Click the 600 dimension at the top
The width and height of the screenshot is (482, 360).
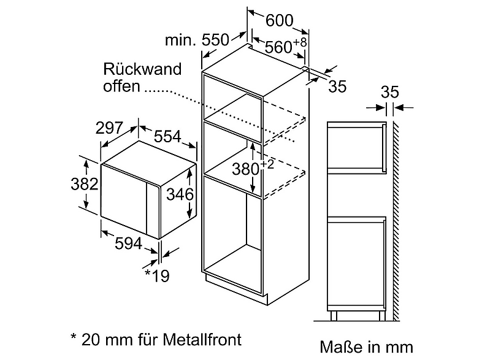[280, 21]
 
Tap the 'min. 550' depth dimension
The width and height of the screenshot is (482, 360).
[197, 40]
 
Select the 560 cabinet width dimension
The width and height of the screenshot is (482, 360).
[278, 47]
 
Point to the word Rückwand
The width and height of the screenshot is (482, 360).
[142, 69]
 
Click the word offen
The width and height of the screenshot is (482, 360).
[121, 86]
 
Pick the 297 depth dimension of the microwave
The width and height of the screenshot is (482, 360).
[109, 128]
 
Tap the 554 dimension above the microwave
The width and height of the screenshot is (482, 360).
[167, 136]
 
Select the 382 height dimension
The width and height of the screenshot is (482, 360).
[85, 184]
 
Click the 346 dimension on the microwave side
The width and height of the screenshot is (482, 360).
[180, 194]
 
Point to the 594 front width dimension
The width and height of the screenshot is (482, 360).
[129, 243]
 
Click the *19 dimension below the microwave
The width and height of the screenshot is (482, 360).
[157, 275]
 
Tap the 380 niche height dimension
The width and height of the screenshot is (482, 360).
[246, 169]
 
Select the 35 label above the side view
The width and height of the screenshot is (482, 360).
[390, 92]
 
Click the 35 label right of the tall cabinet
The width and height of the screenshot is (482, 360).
[337, 86]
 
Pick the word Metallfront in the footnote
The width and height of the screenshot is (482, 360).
[202, 340]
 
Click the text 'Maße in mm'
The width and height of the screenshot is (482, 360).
[367, 347]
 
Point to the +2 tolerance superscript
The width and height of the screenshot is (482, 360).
[267, 164]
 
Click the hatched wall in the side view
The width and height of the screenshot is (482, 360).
[396, 221]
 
